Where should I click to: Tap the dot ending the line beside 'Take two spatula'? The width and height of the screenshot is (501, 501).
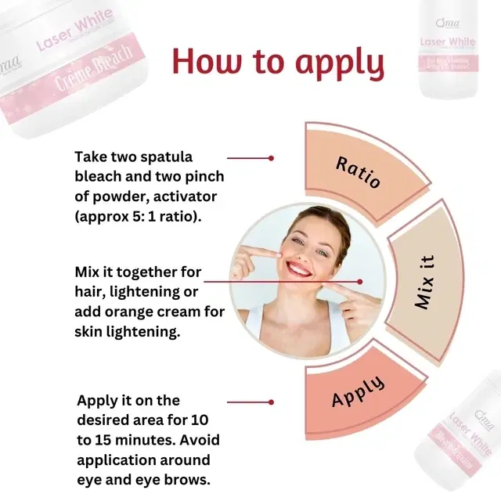pos(271,157)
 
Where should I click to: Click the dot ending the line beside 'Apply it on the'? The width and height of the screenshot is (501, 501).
pos(271,402)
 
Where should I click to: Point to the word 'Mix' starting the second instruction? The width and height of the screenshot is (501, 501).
pos(88,272)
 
